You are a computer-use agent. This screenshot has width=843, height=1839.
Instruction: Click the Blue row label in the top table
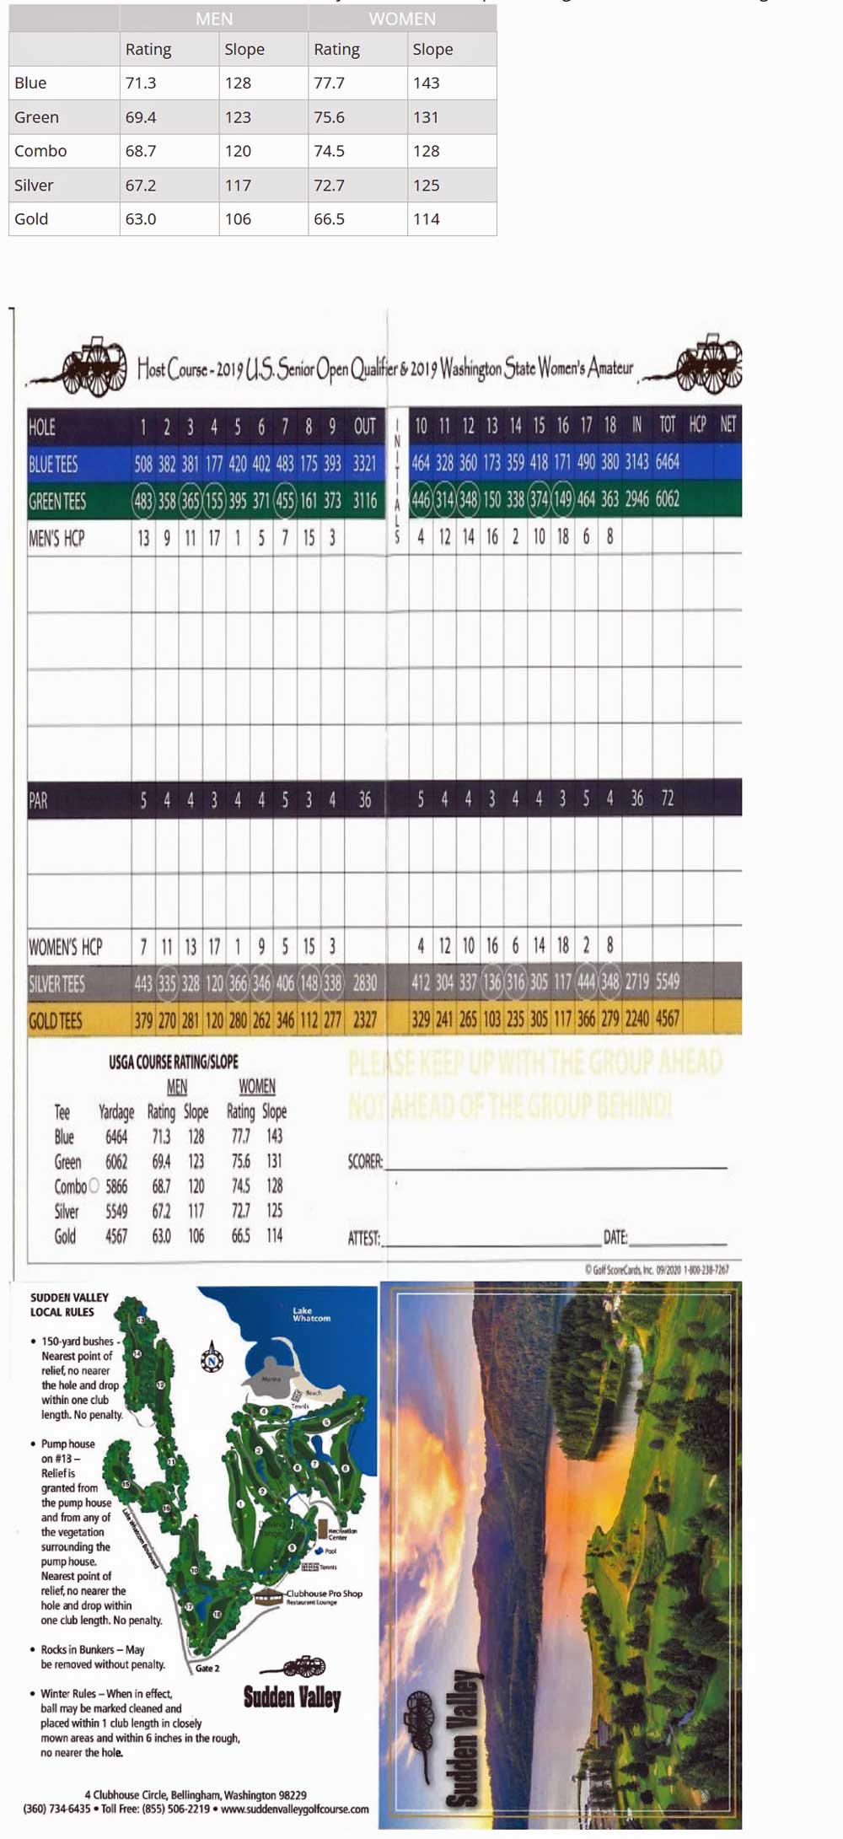click(x=30, y=83)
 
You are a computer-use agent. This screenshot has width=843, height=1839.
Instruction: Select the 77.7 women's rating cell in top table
click(x=329, y=83)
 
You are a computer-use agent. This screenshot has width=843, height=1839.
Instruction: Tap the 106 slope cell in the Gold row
click(x=238, y=218)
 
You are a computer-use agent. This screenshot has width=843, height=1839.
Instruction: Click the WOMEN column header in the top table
click(x=402, y=19)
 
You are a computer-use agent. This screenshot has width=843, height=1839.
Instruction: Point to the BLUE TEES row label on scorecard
click(x=53, y=464)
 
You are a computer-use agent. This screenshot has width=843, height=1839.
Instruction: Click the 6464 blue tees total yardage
click(x=667, y=462)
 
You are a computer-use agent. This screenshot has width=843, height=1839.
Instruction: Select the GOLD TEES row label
click(x=56, y=1021)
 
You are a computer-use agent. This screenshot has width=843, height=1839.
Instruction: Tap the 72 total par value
click(x=667, y=799)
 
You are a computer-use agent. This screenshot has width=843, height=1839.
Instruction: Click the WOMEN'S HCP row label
click(x=66, y=947)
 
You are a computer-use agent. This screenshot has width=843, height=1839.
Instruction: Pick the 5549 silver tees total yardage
click(x=667, y=981)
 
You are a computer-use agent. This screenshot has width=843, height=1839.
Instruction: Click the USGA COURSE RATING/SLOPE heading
click(x=174, y=1062)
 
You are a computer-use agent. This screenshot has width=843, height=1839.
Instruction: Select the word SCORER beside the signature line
click(x=365, y=1162)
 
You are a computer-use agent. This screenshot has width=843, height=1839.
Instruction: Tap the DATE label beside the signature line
click(x=615, y=1238)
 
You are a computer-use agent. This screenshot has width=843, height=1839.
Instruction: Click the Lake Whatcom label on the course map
click(x=311, y=1315)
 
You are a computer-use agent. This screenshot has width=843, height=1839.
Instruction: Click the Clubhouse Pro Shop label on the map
click(x=324, y=1594)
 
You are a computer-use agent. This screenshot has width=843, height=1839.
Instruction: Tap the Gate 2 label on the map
click(x=207, y=1668)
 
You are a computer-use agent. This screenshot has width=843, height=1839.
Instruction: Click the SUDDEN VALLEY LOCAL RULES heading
click(x=69, y=1304)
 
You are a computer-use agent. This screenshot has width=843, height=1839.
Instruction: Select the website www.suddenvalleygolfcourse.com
click(x=294, y=1809)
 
